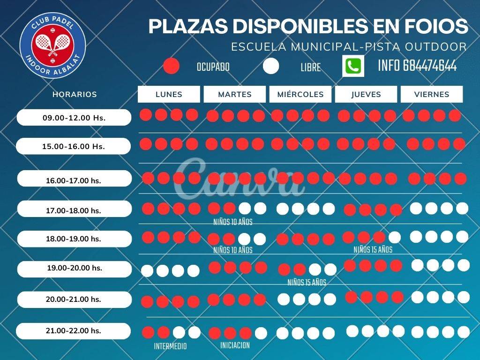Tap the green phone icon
pos(353,66)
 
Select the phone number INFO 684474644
pos(417,66)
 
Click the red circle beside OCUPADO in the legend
pos(172,66)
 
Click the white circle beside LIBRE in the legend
pos(270,66)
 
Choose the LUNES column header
pos(169,94)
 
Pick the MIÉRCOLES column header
pos(300,94)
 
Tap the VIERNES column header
pos(432,94)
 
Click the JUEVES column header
pos(366,94)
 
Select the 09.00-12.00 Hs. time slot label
pos(74,118)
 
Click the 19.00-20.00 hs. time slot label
pos(75,269)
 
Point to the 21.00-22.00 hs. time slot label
pos(74,331)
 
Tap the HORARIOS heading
pos(75,94)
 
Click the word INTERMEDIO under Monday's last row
pos(170,346)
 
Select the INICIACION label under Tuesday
pos(235,345)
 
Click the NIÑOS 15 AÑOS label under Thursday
pos(373,250)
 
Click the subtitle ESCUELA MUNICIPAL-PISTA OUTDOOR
pos(349,47)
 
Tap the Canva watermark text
pos(239,178)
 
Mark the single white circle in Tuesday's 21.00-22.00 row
pos(261,333)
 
